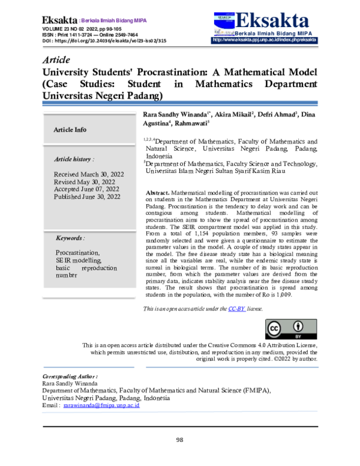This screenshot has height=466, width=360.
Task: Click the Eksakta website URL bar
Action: pyautogui.click(x=265, y=40)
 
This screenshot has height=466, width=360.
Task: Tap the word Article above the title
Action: pyautogui.click(x=57, y=60)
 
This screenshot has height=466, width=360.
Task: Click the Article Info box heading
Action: pyautogui.click(x=70, y=130)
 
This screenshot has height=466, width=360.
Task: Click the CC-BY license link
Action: pyautogui.click(x=236, y=309)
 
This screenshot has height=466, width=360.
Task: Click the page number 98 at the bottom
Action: pyautogui.click(x=179, y=440)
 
